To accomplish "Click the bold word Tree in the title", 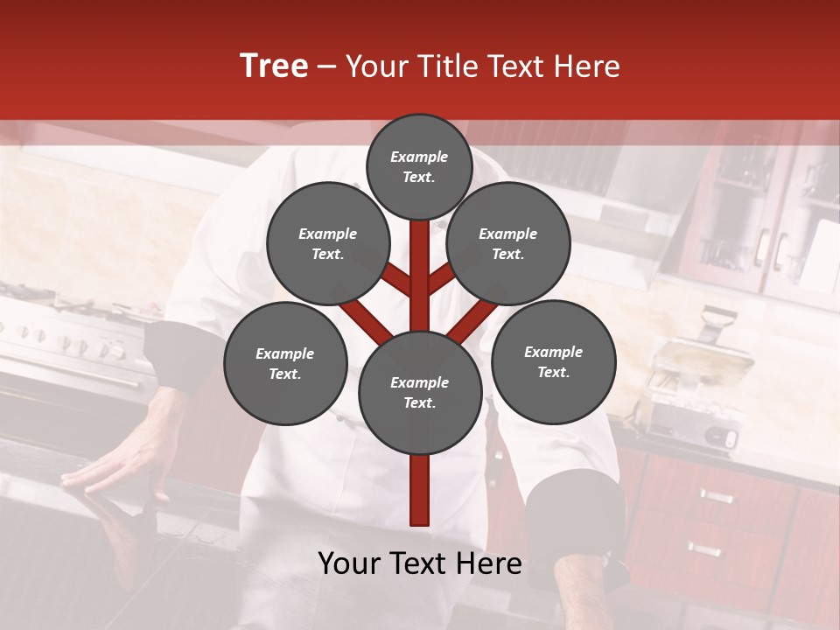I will tap(274, 66).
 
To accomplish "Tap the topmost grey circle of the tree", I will tap(419, 166).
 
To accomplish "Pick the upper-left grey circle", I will tap(328, 243).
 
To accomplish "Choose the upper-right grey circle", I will tap(507, 243).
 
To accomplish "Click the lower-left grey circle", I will tap(285, 363).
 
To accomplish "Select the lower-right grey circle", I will tap(553, 361).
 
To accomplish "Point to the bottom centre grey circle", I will tap(420, 392).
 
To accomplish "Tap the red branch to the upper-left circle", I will tap(396, 282).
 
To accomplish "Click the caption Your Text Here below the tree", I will tap(420, 563).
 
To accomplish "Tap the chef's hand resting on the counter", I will tap(105, 468).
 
